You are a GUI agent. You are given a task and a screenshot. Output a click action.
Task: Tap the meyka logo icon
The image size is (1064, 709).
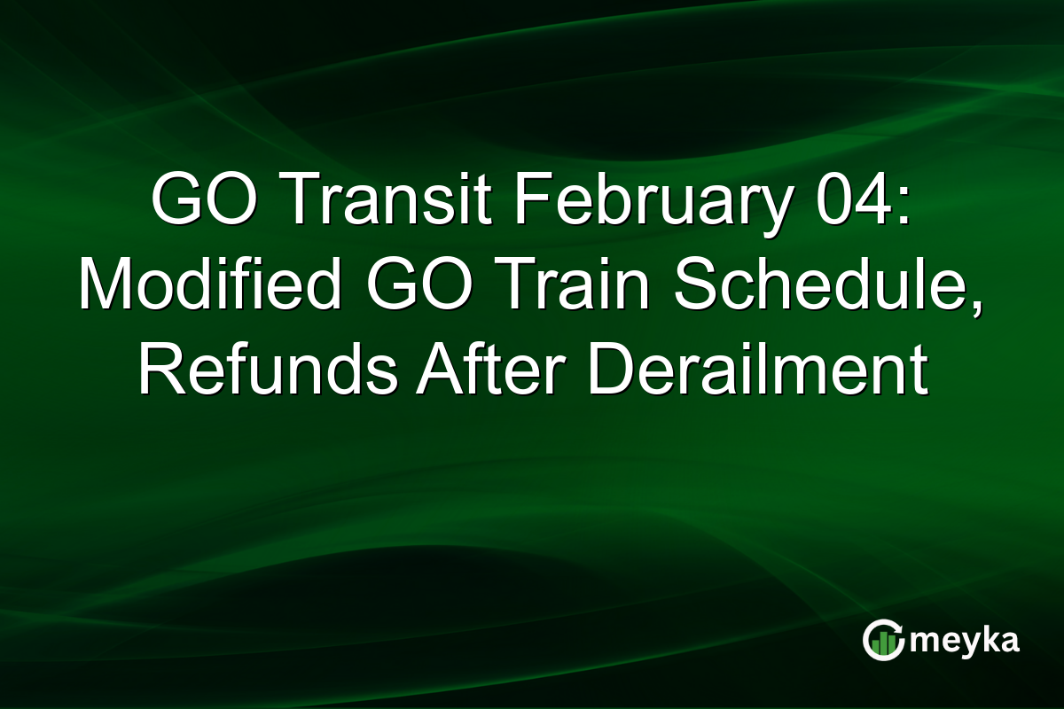(882, 641)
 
